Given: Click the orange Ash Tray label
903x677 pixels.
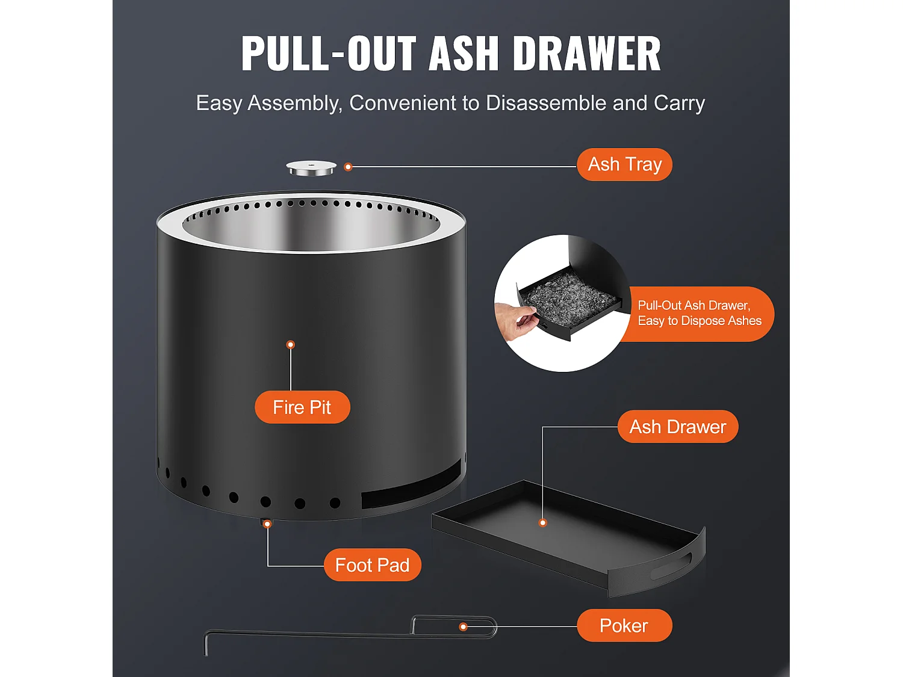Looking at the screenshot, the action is [624, 164].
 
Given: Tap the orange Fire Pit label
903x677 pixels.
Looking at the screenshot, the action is [302, 407].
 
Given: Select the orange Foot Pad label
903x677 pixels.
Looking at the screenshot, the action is [372, 565].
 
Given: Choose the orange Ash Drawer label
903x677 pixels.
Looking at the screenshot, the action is [678, 427].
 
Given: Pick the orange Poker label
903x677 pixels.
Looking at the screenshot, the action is [624, 626].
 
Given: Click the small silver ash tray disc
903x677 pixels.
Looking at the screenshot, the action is [311, 168].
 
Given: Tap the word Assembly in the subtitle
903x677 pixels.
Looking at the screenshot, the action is [295, 104].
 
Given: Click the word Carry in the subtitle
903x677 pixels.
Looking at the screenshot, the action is [679, 104].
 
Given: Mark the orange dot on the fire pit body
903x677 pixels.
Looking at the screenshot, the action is [291, 344].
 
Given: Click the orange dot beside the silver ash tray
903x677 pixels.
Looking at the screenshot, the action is [348, 167].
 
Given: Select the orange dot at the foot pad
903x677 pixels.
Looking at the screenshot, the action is [267, 524].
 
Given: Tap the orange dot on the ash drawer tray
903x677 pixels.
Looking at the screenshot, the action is [542, 523].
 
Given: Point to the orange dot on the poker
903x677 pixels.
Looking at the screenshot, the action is [463, 627].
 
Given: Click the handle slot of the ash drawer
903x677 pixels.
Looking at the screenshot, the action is [671, 566].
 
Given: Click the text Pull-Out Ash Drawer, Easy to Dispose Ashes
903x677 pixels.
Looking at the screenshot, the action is [700, 313].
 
